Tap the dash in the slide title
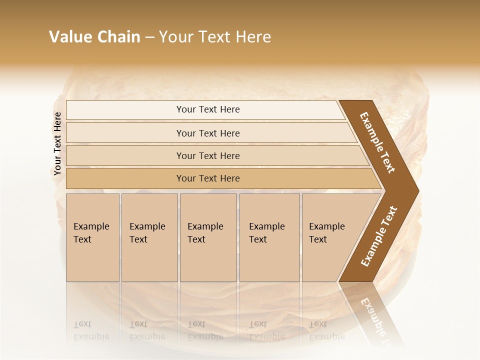pyautogui.click(x=149, y=37)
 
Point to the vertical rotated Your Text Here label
pyautogui.click(x=57, y=143)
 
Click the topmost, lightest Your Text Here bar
pyautogui.click(x=208, y=109)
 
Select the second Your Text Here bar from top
pyautogui.click(x=208, y=133)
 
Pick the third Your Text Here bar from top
pyautogui.click(x=208, y=155)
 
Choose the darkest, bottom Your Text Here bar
pyautogui.click(x=208, y=178)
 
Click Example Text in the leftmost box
pyautogui.click(x=91, y=233)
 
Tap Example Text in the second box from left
pyautogui.click(x=147, y=233)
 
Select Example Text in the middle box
pyautogui.click(x=205, y=233)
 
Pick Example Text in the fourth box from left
pyautogui.click(x=266, y=233)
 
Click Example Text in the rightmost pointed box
pyautogui.click(x=326, y=233)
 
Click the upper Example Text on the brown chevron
pyautogui.click(x=377, y=142)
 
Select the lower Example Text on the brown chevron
pyautogui.click(x=378, y=236)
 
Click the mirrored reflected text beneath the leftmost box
pyautogui.click(x=91, y=330)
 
